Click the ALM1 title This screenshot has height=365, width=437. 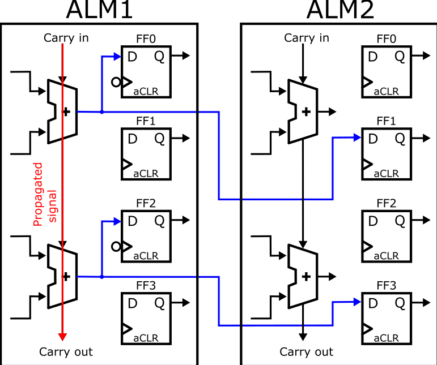[100, 10]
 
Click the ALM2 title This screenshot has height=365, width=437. [341, 10]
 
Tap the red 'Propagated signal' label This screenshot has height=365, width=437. [44, 195]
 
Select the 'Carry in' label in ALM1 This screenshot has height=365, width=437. [66, 38]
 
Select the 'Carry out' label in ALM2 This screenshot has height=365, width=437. [307, 352]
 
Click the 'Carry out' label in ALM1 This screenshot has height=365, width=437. [66, 352]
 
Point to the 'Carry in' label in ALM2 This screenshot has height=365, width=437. [307, 38]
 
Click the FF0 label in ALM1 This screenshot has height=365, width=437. [146, 38]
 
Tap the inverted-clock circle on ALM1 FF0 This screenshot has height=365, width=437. [116, 82]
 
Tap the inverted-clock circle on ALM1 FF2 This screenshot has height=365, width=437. [116, 246]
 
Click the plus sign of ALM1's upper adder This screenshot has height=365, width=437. [66, 111]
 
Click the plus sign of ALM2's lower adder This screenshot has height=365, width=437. [307, 277]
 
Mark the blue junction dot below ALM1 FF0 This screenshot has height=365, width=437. [101, 112]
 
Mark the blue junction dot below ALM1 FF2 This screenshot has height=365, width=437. [101, 277]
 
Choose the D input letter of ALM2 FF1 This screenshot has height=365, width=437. [372, 138]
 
